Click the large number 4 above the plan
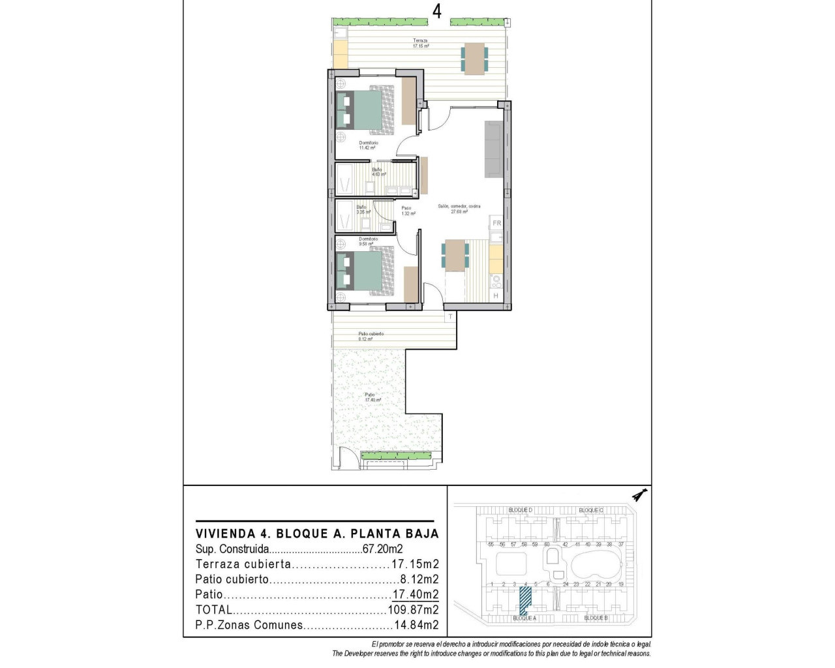pos(436,11)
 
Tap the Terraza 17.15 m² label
pos(420,43)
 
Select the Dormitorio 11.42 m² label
pos(368,145)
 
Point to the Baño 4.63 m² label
pos(378,172)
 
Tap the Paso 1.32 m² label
pos(406,211)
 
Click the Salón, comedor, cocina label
pos(459,209)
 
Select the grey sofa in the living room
pos(493,149)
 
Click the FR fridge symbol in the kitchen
pos(496,223)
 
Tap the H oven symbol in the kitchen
pos(496,296)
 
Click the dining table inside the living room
pos(455,254)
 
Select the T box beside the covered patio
pos(450,317)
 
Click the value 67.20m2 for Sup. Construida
pos(382,549)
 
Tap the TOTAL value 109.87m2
pos(414,610)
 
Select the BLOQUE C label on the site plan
pos(591,510)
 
